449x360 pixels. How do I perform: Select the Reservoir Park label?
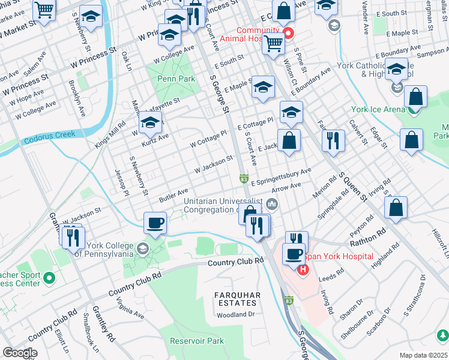(x=197, y=341)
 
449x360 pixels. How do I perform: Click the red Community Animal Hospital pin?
(x=288, y=32)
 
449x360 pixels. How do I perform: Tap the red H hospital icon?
(x=303, y=269)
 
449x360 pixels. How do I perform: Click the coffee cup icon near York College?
(x=155, y=223)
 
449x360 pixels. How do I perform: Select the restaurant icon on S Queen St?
(x=333, y=140)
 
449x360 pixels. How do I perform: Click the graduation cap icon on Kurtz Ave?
(x=150, y=124)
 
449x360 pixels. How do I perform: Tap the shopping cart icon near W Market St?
(x=45, y=10)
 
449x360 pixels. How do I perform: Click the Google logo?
(x=20, y=353)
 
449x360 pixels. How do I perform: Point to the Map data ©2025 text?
(x=423, y=355)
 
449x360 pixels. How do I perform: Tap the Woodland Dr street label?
(x=236, y=314)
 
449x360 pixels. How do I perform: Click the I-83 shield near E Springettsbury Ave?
(x=244, y=179)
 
